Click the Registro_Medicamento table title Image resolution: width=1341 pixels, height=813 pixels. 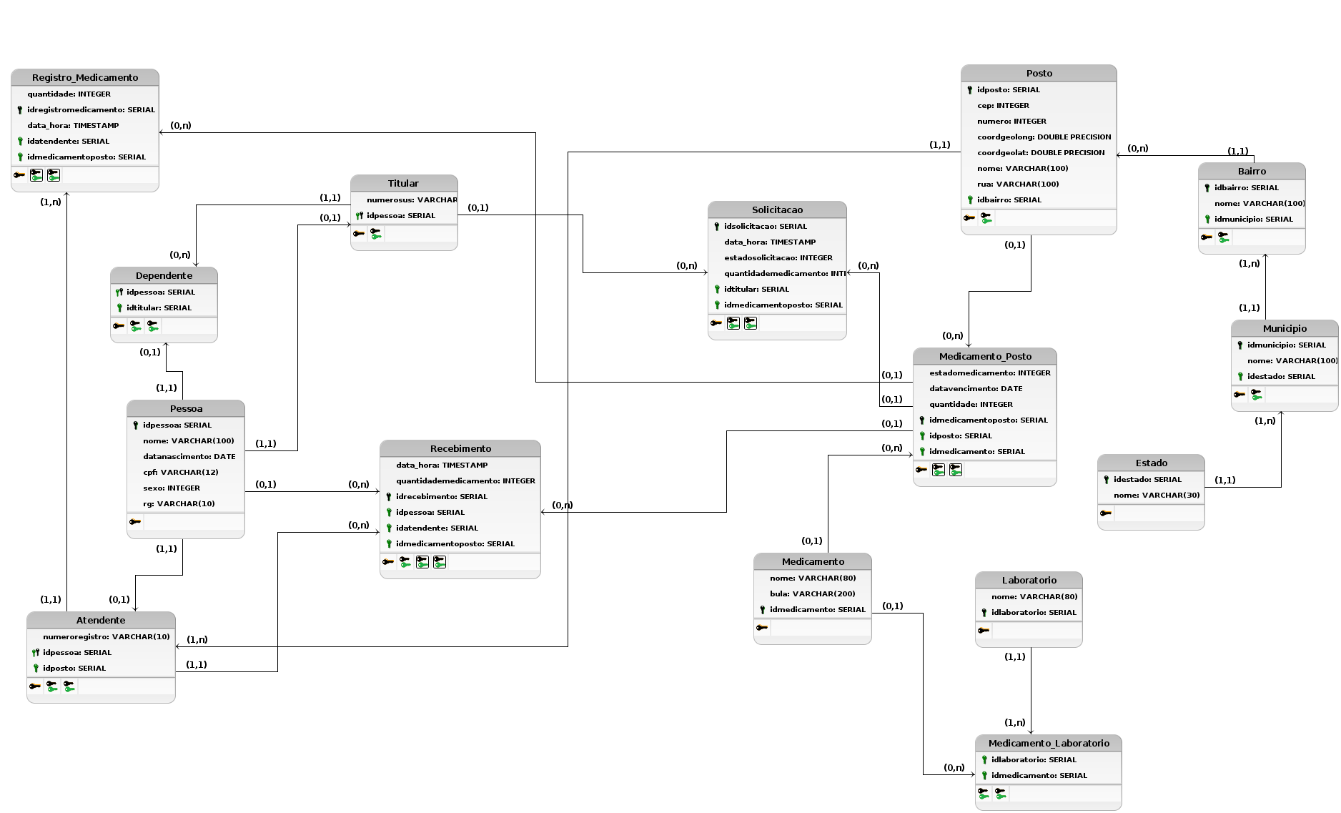click(85, 77)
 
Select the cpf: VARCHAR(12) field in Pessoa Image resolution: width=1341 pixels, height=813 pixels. click(180, 472)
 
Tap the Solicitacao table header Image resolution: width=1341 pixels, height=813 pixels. click(777, 210)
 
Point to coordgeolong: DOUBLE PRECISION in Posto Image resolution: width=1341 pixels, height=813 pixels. click(1044, 137)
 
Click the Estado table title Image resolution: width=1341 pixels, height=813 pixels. click(1151, 463)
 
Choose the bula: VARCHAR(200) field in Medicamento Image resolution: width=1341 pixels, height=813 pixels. click(812, 593)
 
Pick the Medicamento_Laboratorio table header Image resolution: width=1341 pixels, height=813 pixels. click(1049, 743)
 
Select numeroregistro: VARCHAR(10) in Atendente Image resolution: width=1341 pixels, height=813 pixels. click(106, 636)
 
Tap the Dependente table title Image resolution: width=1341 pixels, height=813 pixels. click(164, 275)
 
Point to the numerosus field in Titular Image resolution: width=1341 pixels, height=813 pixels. click(411, 199)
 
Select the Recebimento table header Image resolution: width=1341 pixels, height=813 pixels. click(460, 448)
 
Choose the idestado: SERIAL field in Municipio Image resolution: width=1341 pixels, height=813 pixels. click(1280, 376)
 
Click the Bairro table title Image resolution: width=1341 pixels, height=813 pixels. click(1252, 171)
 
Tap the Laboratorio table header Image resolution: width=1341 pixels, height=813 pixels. click(1029, 580)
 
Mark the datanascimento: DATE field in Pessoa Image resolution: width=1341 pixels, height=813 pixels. click(189, 456)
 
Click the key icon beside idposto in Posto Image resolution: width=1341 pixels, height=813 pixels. click(969, 90)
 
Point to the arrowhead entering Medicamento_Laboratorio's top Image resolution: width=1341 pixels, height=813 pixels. click(1031, 731)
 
